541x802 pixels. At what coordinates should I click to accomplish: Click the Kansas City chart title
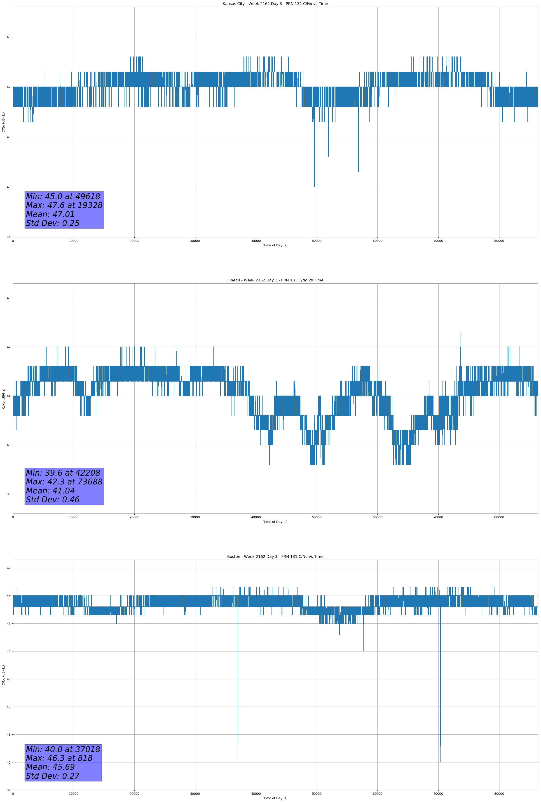click(x=275, y=4)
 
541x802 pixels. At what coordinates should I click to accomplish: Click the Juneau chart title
click(x=275, y=280)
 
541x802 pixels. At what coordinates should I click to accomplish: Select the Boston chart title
click(x=275, y=557)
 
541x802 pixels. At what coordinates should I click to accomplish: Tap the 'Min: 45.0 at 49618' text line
click(x=63, y=196)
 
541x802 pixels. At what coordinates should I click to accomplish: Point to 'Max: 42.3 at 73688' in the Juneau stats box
click(x=64, y=481)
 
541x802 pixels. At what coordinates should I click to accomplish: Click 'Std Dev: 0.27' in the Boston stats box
click(x=53, y=776)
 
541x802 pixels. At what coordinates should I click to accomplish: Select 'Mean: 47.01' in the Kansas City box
click(x=50, y=214)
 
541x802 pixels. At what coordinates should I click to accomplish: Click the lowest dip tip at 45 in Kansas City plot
click(x=314, y=187)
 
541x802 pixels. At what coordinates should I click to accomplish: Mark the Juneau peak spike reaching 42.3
click(x=461, y=332)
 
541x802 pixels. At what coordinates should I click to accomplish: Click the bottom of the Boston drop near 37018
click(x=238, y=762)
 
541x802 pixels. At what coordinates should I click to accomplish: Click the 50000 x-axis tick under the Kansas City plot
click(x=316, y=241)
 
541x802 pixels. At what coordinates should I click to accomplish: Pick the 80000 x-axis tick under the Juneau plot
click(x=499, y=517)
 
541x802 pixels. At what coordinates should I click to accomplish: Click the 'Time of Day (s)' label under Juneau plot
click(x=275, y=522)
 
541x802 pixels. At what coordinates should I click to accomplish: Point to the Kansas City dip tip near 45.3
click(x=358, y=172)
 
